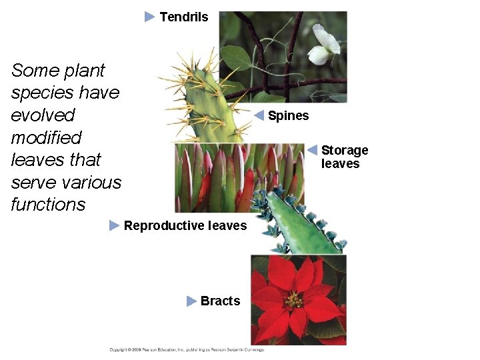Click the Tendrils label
point(184,17)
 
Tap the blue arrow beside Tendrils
point(150,17)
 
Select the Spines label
point(289,116)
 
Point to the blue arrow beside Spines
point(260,115)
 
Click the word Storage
point(345,151)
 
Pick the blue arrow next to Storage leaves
point(312,150)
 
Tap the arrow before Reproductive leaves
point(115,226)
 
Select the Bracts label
point(220,301)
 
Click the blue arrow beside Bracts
point(192,301)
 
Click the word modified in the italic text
point(46,138)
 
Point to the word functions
point(48,205)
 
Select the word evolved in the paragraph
point(43,115)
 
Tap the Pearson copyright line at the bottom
point(187,349)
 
